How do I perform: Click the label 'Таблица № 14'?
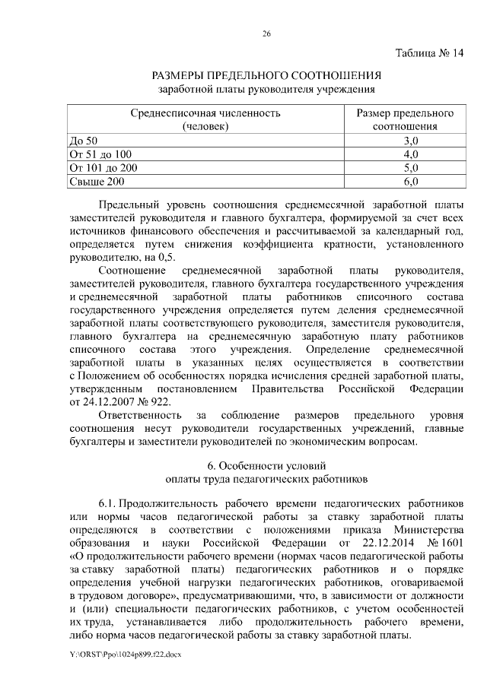pos(428,54)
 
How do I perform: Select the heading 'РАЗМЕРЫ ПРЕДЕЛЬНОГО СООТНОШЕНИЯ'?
pos(266,76)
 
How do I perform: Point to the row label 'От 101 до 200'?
pos(103,168)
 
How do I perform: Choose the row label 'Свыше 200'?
pos(96,182)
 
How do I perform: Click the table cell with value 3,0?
pos(410,141)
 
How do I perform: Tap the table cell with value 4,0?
pos(410,154)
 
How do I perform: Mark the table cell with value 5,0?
pos(410,168)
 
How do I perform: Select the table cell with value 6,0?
pos(410,182)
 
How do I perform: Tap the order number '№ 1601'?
pos(446,543)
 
